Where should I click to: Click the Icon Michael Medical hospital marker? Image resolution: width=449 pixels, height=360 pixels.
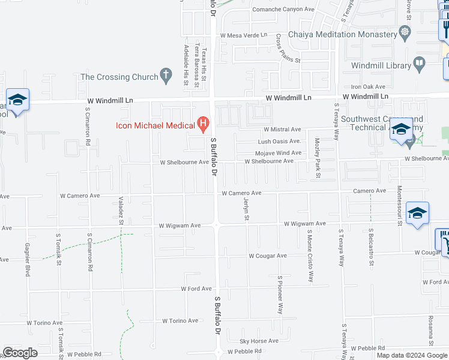pos(203,125)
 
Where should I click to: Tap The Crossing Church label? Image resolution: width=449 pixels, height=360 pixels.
pos(118,77)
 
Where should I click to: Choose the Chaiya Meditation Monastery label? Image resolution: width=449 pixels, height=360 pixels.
pos(343,35)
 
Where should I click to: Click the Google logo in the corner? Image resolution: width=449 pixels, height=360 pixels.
pos(20,353)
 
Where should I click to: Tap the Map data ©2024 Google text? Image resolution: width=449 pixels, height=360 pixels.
pos(412,355)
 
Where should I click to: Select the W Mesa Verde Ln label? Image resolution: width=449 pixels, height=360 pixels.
pos(244,35)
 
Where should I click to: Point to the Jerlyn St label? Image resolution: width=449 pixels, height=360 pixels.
pos(246,209)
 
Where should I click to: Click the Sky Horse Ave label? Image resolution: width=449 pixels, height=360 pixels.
pos(259,341)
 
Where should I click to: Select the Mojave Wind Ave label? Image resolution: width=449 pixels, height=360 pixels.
pos(279,153)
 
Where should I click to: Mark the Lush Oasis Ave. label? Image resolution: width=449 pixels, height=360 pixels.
pos(279,142)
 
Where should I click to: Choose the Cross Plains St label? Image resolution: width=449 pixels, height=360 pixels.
pos(288,48)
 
